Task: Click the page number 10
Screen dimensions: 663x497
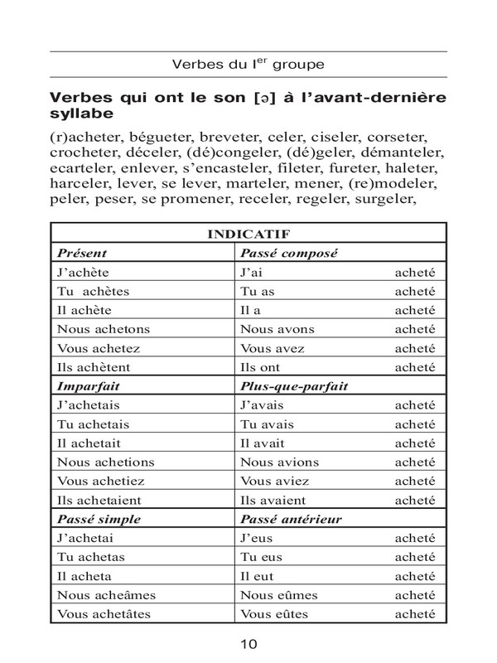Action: (248, 644)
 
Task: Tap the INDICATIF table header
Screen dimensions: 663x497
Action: (248, 235)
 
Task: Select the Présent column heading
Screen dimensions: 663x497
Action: (81, 253)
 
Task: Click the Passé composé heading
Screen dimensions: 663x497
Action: (292, 253)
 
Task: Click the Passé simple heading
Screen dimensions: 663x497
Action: (97, 520)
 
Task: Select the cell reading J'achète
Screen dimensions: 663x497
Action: (83, 272)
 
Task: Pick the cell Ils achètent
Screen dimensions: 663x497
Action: (93, 367)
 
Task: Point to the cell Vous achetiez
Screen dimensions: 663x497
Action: (99, 482)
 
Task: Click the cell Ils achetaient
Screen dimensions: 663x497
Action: (99, 501)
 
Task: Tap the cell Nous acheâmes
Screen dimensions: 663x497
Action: (106, 595)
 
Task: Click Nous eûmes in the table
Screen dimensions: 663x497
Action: (279, 595)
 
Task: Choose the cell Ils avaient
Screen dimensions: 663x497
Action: (273, 501)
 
